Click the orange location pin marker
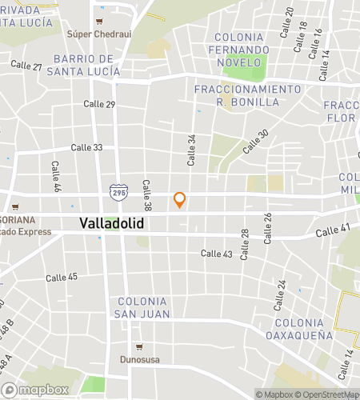coord(180,199)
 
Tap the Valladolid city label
coord(112,224)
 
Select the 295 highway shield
coord(116,191)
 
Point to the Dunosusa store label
coord(140,359)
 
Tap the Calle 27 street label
coord(26,66)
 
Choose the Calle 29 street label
coord(100,105)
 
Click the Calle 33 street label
coord(86,147)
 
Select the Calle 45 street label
coord(62,278)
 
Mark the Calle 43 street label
coord(216,254)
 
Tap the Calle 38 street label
coord(147,194)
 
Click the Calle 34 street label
coord(192,150)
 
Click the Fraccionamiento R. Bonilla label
coord(249,95)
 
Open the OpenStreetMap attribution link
coord(326,394)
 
